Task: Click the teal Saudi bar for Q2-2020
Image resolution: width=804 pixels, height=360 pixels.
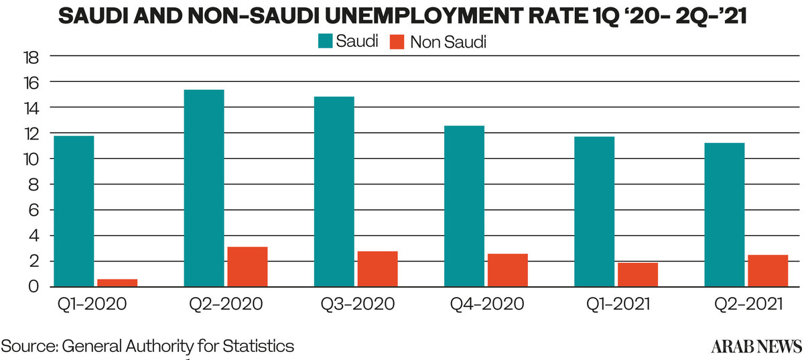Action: point(204,188)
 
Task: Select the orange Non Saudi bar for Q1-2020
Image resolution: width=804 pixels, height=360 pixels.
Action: point(117,283)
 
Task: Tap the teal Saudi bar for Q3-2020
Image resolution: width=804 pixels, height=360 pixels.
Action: point(334,192)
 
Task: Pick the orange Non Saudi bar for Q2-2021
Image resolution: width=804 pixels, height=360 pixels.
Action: point(768,271)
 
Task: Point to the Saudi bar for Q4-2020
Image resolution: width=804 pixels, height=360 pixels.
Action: point(464,206)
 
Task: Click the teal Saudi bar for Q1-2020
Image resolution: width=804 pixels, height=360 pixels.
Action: point(74,211)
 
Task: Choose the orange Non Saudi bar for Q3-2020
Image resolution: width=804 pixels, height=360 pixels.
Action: point(377,269)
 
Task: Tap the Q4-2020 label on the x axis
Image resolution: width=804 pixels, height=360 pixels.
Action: point(486,304)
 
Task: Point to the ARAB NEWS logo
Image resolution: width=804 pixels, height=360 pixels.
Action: point(756,347)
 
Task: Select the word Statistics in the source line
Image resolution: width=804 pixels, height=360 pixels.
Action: point(258,346)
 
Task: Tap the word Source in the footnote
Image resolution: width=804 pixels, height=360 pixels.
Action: point(28,346)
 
